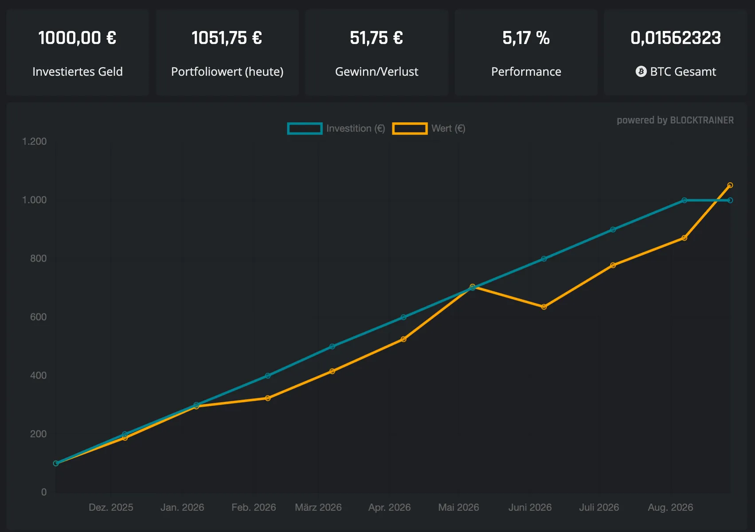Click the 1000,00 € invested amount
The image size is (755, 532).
tap(77, 38)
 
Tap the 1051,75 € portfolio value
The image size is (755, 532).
tap(227, 38)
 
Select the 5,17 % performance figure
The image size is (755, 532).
tap(526, 38)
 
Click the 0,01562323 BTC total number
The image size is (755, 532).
tap(676, 38)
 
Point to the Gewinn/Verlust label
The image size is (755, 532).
tap(376, 71)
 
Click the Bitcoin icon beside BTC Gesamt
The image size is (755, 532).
tap(641, 71)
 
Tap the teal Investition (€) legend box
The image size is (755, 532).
tap(305, 129)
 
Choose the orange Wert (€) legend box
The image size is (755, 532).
tap(410, 129)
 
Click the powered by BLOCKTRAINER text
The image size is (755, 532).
tap(675, 120)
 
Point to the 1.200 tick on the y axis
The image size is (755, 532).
tap(35, 141)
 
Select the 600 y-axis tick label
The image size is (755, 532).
tap(39, 317)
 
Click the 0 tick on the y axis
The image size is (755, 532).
tap(44, 492)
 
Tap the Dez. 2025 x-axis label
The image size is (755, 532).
tap(111, 507)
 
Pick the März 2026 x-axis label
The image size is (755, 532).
tap(318, 507)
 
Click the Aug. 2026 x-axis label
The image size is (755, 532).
tap(670, 507)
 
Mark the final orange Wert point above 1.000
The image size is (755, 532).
tap(730, 185)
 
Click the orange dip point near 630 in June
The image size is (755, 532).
tap(544, 307)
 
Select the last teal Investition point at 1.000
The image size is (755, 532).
tap(730, 200)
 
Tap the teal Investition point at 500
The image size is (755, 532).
tap(332, 346)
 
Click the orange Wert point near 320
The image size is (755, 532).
tap(268, 398)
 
